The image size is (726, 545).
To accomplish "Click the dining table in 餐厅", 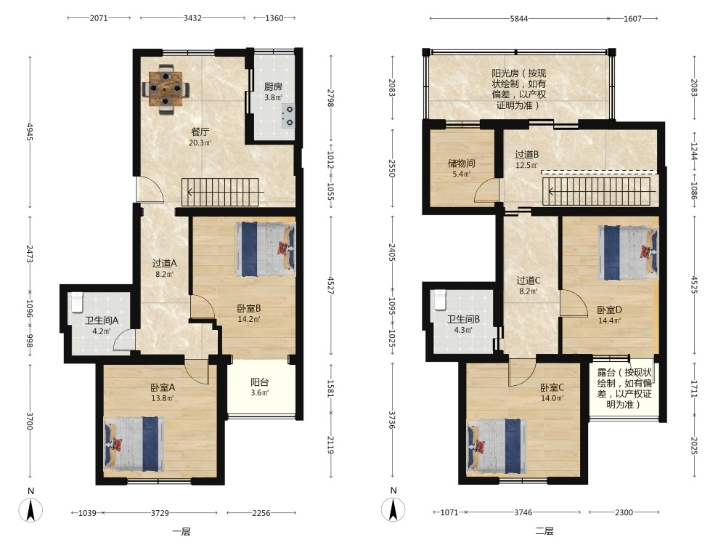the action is click(x=166, y=89).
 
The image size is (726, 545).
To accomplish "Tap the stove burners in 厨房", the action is click(x=288, y=116).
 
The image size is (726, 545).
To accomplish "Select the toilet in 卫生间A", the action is click(x=77, y=302).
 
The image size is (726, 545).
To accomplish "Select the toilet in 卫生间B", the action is click(x=439, y=300).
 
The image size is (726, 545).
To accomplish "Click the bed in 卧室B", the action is click(x=265, y=246).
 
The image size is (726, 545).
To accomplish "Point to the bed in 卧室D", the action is click(x=628, y=253).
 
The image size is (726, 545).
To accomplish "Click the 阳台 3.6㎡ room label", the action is click(x=260, y=387).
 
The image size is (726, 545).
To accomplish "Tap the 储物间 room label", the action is click(x=461, y=163).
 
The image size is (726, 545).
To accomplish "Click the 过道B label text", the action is click(x=527, y=154).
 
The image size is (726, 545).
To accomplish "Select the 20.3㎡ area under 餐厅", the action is click(x=200, y=142).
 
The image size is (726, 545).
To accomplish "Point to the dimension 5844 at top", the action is click(x=519, y=19).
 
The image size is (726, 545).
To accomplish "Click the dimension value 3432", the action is click(x=192, y=18).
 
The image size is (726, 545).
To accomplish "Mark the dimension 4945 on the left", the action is click(x=30, y=132).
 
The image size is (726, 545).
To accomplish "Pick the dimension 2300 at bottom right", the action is click(x=624, y=512).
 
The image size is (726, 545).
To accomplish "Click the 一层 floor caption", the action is click(x=181, y=532).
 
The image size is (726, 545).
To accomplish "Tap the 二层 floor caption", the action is click(x=544, y=531).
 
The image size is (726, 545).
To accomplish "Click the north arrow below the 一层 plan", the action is click(x=30, y=511).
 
